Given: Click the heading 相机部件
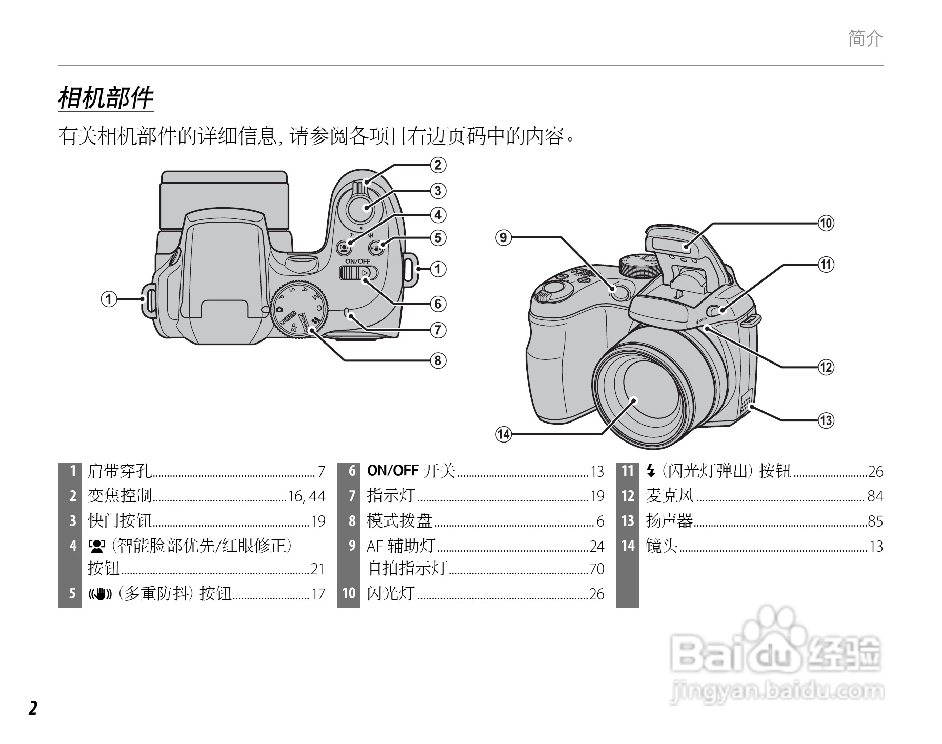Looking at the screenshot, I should [106, 98].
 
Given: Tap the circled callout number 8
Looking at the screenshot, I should [438, 360].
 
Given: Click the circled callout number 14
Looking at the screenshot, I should [504, 434].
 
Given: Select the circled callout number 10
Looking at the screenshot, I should [826, 223].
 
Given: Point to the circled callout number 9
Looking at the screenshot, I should [504, 237].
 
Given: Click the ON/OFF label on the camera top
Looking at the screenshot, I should [357, 261].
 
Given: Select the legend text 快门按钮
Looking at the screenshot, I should [120, 521].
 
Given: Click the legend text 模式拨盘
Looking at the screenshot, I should [399, 521].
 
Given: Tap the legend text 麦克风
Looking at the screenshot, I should [669, 496].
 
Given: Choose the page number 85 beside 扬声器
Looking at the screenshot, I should [875, 521].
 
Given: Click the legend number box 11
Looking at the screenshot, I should [628, 471].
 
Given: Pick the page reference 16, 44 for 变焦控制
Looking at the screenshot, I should [307, 496].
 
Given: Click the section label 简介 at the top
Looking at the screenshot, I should [866, 38].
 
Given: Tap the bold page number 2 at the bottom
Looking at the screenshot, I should [33, 708].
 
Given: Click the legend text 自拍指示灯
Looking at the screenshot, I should [408, 569].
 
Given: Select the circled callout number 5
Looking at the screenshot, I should [438, 238].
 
